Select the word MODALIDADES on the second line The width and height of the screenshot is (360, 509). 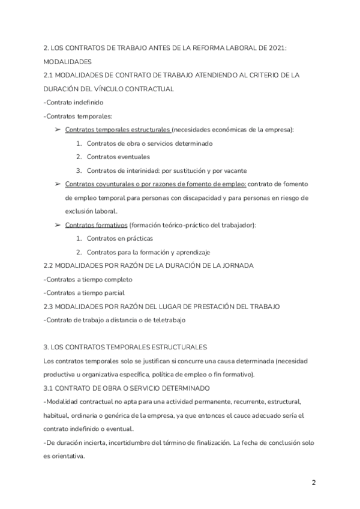click(68, 62)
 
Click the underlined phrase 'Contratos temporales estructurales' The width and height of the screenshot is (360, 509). click(118, 130)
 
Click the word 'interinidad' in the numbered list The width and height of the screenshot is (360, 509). click(138, 170)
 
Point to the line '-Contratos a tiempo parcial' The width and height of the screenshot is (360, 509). click(84, 293)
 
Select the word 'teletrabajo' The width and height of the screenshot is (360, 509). click(169, 320)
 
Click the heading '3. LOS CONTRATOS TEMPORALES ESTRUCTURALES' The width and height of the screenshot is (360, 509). click(125, 347)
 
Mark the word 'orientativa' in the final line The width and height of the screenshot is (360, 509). click(70, 456)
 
